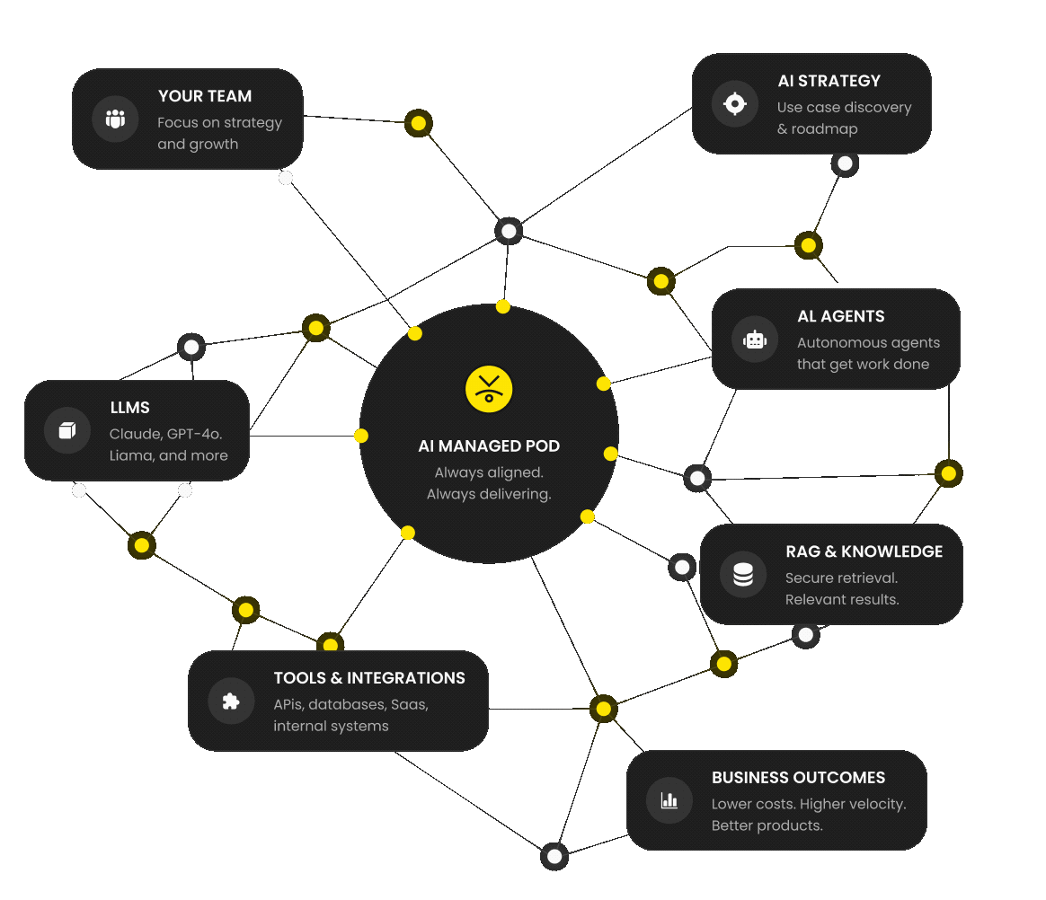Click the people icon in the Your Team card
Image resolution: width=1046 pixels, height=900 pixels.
115,119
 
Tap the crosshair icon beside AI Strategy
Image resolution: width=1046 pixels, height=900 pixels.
735,103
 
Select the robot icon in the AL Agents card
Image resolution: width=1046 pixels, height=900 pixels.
755,340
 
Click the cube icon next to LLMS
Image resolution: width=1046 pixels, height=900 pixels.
66,430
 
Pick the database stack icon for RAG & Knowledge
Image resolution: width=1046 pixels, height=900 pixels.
742,574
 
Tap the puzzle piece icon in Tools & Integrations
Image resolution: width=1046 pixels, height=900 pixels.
231,701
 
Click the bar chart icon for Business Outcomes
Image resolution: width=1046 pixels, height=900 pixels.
669,800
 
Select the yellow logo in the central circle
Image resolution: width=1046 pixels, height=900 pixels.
489,389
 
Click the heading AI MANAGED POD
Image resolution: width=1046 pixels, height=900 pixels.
489,446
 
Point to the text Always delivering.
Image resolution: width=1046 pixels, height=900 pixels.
489,494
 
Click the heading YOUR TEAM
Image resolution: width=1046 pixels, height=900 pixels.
205,96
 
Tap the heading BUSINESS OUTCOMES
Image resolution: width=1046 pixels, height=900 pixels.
799,777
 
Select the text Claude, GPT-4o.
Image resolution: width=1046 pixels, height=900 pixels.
166,434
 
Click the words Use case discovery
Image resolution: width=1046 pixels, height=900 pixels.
844,107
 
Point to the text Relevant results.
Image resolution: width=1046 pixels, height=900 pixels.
842,599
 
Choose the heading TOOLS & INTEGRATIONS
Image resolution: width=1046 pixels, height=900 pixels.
369,678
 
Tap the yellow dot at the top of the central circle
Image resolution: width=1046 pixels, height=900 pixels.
503,306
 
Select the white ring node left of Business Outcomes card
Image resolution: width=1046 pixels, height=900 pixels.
554,856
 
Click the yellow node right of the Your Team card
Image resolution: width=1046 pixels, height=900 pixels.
418,123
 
